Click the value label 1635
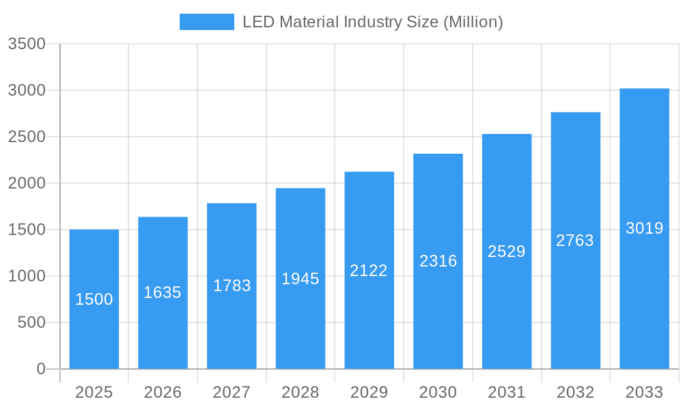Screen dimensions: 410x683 pyautogui.click(x=163, y=292)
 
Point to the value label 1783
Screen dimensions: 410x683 pyautogui.click(x=232, y=286)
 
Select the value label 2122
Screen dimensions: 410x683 pyautogui.click(x=369, y=271)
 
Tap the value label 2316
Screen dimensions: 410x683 pyautogui.click(x=438, y=261)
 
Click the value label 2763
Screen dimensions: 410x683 pyautogui.click(x=575, y=241)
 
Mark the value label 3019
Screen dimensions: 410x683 pyautogui.click(x=644, y=228)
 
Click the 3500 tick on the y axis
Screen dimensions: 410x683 pyautogui.click(x=27, y=44)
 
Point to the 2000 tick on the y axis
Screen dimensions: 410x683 pyautogui.click(x=27, y=183)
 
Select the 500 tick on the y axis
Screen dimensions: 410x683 pyautogui.click(x=31, y=323)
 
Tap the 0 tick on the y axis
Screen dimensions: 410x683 pyautogui.click(x=40, y=369)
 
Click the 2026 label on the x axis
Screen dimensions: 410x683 pyautogui.click(x=163, y=392)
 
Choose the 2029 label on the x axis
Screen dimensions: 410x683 pyautogui.click(x=369, y=392)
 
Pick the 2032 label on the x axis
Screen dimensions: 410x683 pyautogui.click(x=575, y=392)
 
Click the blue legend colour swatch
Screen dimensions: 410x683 pyautogui.click(x=206, y=22)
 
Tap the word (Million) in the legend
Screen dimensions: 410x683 pyautogui.click(x=473, y=22)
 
